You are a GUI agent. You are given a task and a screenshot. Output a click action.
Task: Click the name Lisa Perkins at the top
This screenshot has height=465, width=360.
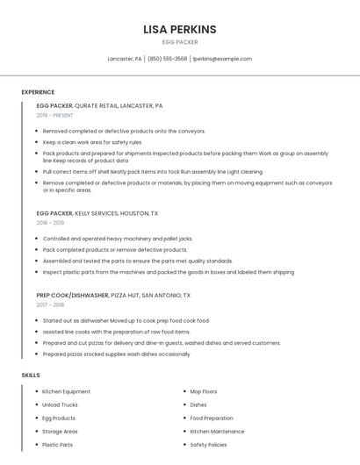click(180, 29)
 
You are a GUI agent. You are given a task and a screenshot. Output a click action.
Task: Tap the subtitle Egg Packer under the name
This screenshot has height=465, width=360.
click(180, 42)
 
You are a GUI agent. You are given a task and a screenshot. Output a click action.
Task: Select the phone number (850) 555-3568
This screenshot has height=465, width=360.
click(167, 59)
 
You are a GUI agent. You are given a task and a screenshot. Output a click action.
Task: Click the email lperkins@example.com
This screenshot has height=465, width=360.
click(222, 59)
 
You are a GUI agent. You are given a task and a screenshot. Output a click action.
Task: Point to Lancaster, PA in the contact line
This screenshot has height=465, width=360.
click(124, 59)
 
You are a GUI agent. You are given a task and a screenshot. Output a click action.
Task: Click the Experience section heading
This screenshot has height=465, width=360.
click(38, 92)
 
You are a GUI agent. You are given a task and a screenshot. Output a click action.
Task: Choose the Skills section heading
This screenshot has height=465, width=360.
click(31, 375)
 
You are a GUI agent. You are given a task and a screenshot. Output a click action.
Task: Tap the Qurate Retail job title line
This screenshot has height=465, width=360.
click(99, 105)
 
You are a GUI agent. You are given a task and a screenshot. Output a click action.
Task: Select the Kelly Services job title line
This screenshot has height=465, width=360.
click(97, 213)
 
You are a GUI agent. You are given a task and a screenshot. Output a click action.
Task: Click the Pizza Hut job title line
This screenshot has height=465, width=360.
click(113, 296)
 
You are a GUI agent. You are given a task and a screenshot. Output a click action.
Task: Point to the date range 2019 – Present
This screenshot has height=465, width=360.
click(54, 115)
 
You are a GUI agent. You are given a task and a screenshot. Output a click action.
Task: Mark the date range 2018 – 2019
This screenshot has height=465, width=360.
click(50, 223)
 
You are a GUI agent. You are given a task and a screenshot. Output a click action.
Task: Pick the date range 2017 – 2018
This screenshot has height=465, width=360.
click(50, 305)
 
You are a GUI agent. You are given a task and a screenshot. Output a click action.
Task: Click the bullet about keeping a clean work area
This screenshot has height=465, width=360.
click(92, 142)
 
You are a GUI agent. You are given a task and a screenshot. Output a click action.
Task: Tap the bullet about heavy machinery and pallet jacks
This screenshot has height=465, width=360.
click(117, 239)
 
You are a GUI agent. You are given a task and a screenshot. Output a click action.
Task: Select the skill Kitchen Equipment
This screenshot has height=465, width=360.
click(66, 391)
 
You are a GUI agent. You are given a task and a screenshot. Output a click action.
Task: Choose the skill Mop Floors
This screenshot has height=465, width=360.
click(204, 391)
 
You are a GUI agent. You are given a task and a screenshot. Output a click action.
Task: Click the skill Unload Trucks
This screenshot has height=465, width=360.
click(60, 404)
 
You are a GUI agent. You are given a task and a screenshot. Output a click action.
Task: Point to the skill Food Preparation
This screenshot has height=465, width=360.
click(212, 418)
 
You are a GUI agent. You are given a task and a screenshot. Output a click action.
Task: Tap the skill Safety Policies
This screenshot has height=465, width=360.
click(208, 445)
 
